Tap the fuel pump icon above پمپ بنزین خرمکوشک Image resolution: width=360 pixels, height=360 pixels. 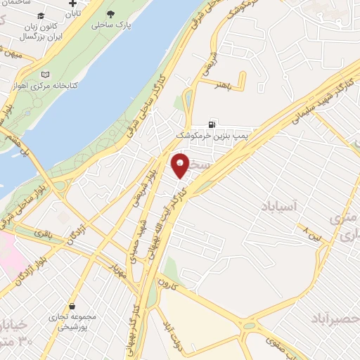pos(212,124)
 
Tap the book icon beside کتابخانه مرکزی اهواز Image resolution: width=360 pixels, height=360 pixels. pos(46,74)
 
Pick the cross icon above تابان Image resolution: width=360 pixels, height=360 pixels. pos(73,4)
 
